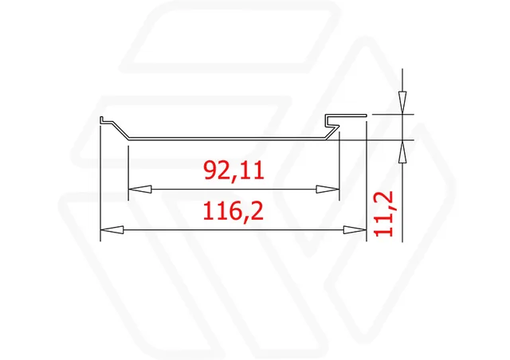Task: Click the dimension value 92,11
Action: (233, 171)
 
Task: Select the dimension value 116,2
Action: (233, 211)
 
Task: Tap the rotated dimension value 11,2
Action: (384, 213)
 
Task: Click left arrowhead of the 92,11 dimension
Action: (140, 190)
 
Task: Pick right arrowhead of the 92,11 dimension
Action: (328, 190)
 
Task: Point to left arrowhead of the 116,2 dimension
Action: (112, 230)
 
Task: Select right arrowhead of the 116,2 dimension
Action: (355, 230)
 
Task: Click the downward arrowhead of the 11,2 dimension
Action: (402, 103)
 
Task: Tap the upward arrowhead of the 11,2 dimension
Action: (402, 151)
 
